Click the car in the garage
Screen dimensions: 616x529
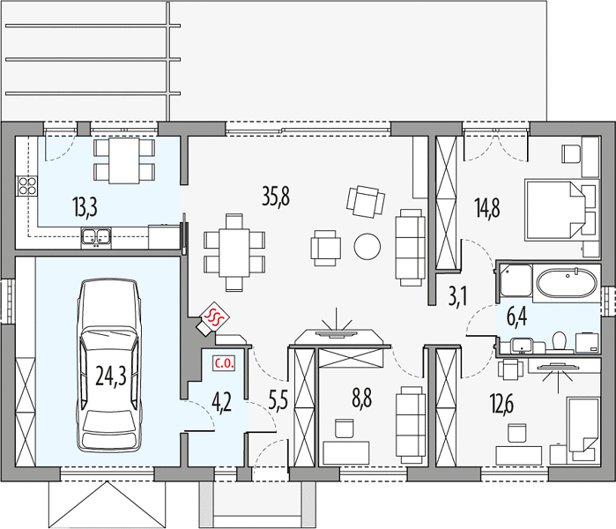[108, 366]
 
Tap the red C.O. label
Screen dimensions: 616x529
[224, 363]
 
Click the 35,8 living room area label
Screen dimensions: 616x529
[276, 197]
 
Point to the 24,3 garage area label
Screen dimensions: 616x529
[111, 376]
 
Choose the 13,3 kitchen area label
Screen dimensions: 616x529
[85, 207]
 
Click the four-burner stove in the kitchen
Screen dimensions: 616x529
[27, 186]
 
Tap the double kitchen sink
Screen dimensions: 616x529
[96, 237]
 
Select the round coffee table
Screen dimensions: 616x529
[367, 246]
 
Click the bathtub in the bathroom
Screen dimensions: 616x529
[567, 283]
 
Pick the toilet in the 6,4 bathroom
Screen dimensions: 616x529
[559, 340]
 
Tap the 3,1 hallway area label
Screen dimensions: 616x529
[457, 296]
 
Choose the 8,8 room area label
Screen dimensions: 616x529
[362, 398]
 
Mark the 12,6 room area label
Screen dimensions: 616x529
[501, 404]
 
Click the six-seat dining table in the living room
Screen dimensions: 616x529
[234, 252]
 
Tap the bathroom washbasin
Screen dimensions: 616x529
[522, 346]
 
